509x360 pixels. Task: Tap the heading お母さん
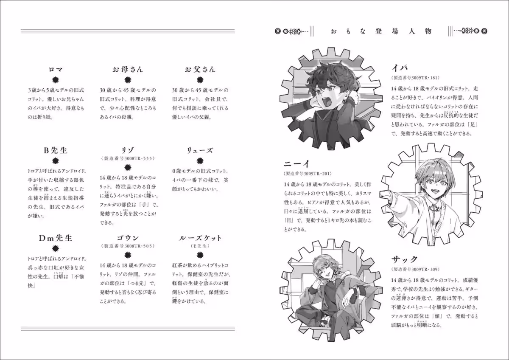tap(128, 70)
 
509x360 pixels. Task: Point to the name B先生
tap(55, 150)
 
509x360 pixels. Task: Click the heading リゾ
tap(128, 150)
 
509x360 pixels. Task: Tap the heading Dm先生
tap(55, 238)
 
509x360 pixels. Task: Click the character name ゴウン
tap(128, 238)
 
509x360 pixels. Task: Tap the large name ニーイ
tap(299, 163)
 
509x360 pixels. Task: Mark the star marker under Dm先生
tap(55, 248)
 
